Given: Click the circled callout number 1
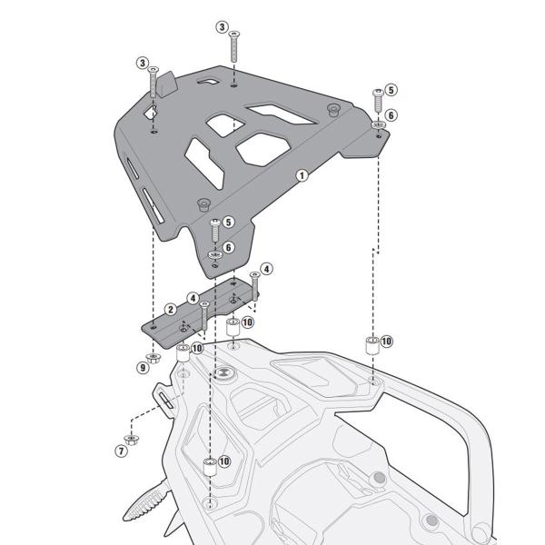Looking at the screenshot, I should pos(302,173).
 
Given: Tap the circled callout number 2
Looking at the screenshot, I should pos(170,310).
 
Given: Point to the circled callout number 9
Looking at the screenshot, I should pos(143,368).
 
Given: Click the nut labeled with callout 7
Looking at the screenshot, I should pos(134,439).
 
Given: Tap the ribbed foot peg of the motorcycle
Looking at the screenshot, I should pos(146,504).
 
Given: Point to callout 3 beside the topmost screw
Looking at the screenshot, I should pos(222,27).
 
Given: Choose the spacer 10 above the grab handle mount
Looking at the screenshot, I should pos(371,344).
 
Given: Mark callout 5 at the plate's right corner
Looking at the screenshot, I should pos(391,90).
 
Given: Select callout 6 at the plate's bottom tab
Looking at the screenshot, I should pos(228,247).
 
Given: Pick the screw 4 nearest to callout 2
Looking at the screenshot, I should pos(205,312).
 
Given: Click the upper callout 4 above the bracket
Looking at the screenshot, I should pos(266,269).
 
